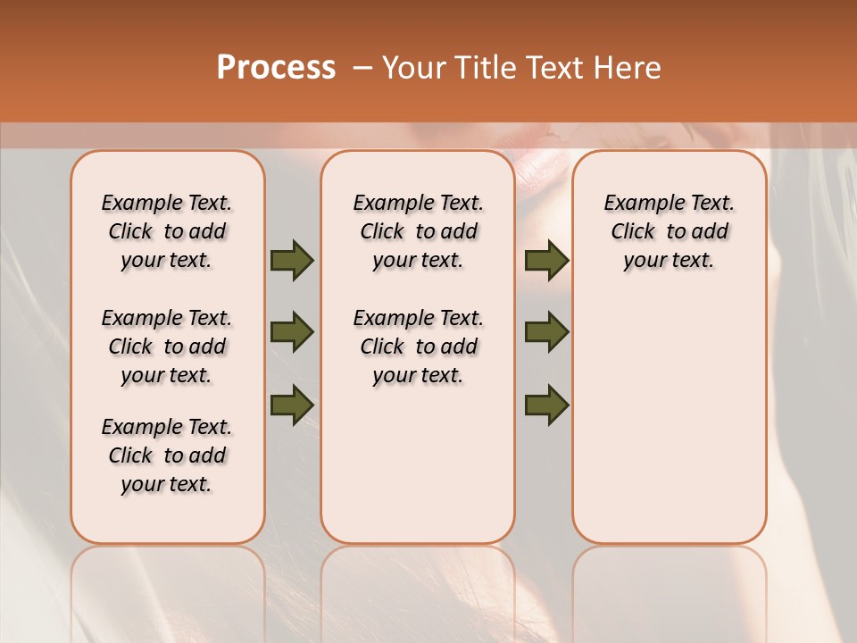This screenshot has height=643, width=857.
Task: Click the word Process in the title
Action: pyautogui.click(x=276, y=68)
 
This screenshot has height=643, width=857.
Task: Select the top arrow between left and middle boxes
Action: pyautogui.click(x=292, y=260)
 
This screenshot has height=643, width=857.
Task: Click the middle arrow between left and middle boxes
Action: pyautogui.click(x=292, y=332)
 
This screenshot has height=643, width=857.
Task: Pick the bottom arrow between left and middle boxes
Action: pyautogui.click(x=292, y=405)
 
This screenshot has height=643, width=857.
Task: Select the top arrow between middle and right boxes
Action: pyautogui.click(x=546, y=260)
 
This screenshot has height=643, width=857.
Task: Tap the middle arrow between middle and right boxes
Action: pyautogui.click(x=546, y=332)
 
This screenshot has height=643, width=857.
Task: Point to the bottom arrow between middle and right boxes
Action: pyautogui.click(x=546, y=405)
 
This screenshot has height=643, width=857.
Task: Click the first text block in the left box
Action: pyautogui.click(x=167, y=231)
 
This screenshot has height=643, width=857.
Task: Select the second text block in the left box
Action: pyautogui.click(x=167, y=347)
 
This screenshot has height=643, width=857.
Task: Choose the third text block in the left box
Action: pyautogui.click(x=167, y=455)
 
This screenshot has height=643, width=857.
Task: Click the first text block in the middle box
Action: pyautogui.click(x=418, y=231)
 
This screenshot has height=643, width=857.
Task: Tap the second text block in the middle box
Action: pyautogui.click(x=418, y=347)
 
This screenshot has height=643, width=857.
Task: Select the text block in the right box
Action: pyautogui.click(x=669, y=231)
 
